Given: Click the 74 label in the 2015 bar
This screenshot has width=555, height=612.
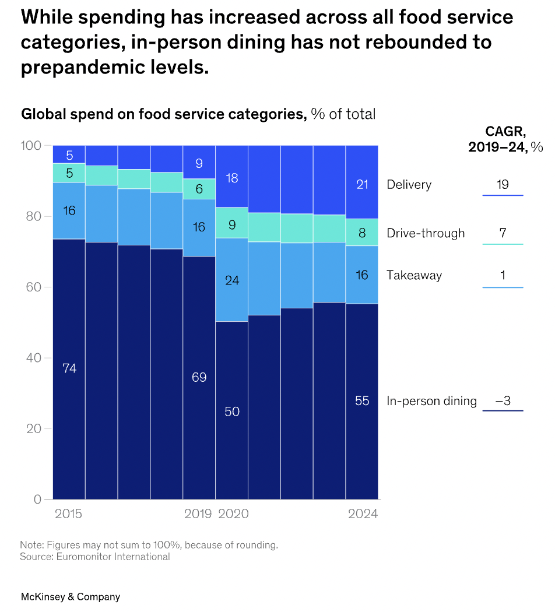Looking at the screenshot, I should [x=69, y=368].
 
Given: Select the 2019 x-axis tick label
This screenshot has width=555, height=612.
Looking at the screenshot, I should [x=199, y=514].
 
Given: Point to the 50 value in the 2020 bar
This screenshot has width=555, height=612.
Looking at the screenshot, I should [x=232, y=411].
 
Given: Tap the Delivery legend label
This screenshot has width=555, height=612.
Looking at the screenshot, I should [x=409, y=185].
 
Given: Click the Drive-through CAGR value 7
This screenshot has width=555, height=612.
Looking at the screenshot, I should [x=503, y=234].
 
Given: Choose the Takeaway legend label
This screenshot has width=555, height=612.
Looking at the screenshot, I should [x=414, y=275].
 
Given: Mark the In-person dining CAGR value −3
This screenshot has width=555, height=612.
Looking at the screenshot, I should [x=503, y=401].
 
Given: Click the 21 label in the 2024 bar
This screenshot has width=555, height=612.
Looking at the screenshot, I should [x=362, y=185].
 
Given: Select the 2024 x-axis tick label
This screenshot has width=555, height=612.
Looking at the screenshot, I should [x=363, y=514].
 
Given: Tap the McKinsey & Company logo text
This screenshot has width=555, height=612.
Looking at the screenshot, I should [x=71, y=597].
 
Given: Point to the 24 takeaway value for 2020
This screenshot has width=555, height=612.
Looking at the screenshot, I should [x=232, y=280].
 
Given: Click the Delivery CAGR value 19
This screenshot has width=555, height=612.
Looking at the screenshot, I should [x=503, y=185].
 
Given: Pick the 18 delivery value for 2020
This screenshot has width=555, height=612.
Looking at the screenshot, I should [x=232, y=178].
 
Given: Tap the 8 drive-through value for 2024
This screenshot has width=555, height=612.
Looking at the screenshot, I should [x=362, y=233].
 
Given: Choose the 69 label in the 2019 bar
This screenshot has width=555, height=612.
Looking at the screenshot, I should [x=199, y=377].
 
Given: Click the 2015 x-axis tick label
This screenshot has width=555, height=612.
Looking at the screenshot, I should [x=69, y=514].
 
